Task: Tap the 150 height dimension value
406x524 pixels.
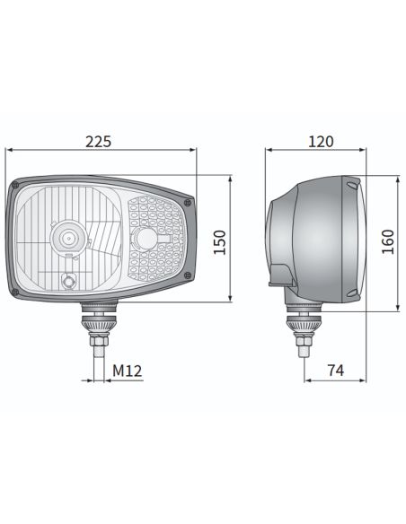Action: [x=218, y=241]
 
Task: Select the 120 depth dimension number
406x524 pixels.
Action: [x=320, y=141]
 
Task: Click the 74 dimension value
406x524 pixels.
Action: [x=336, y=369]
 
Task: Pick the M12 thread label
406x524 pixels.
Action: [x=128, y=369]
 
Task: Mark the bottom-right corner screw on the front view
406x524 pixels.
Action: [x=186, y=275]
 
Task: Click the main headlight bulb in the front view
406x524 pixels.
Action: [x=66, y=238]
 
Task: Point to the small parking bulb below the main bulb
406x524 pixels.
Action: [x=66, y=283]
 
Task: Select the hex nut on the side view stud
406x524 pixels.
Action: [x=297, y=342]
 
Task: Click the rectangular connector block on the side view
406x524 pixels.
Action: [x=280, y=274]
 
